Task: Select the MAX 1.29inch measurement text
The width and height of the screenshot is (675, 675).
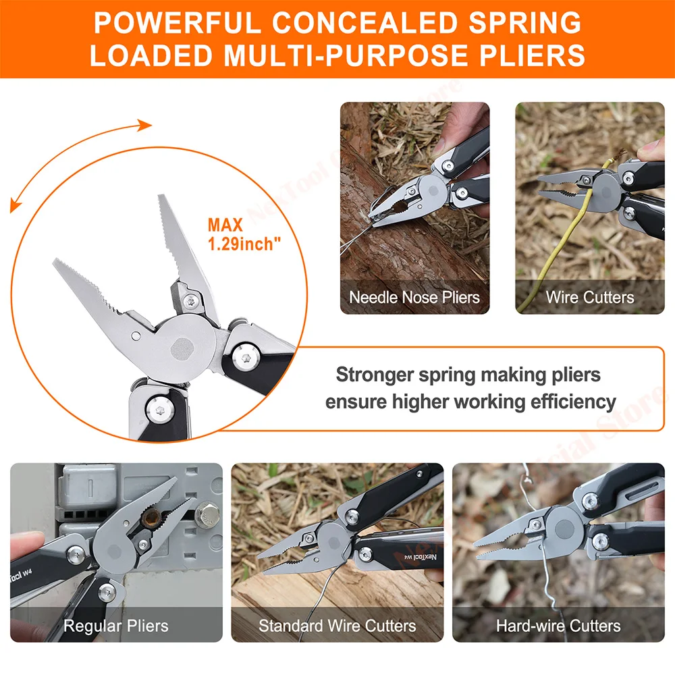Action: [x=244, y=234]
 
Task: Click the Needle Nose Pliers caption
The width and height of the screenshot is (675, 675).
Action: [x=414, y=297]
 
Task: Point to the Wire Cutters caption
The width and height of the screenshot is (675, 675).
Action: [x=590, y=297]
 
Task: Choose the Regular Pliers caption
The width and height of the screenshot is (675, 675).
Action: [x=115, y=626]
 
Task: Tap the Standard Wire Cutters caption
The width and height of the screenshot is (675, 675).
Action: [x=337, y=626]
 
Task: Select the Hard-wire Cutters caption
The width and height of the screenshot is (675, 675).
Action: [x=558, y=626]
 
